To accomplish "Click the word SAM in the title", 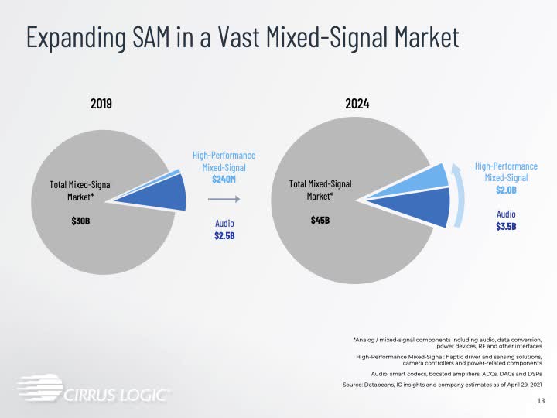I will (x=161, y=38).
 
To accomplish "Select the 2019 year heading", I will (x=101, y=102).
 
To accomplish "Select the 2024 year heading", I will (x=357, y=102).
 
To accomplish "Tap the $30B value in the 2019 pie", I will (x=80, y=221).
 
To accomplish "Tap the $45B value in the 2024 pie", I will (x=320, y=221).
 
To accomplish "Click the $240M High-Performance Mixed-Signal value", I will (x=224, y=179).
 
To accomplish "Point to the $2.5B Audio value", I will (x=224, y=236).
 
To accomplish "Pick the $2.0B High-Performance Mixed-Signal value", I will (x=505, y=190).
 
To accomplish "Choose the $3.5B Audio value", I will (x=506, y=226).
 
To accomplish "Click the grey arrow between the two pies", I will (x=225, y=200).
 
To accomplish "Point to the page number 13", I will (x=541, y=402).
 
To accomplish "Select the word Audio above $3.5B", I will (x=506, y=213).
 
